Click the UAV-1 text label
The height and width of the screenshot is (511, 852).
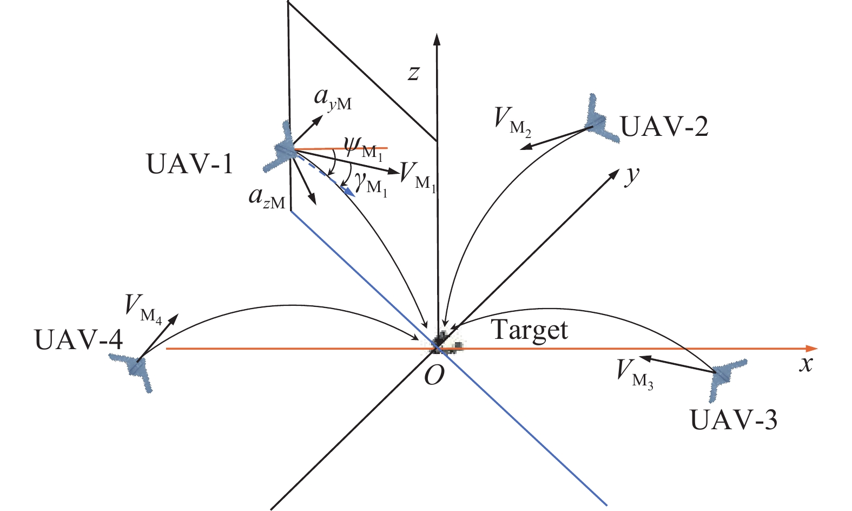pyautogui.click(x=190, y=163)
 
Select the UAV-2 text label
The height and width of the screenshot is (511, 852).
pyautogui.click(x=664, y=127)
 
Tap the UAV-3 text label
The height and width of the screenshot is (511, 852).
pyautogui.click(x=734, y=420)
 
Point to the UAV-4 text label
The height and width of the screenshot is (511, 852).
pyautogui.click(x=79, y=340)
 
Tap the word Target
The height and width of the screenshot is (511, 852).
pyautogui.click(x=530, y=330)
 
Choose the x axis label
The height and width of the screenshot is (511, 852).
pyautogui.click(x=807, y=365)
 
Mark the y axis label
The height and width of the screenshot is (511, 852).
pyautogui.click(x=632, y=177)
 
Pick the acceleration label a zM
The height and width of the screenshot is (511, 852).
pyautogui.click(x=266, y=198)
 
